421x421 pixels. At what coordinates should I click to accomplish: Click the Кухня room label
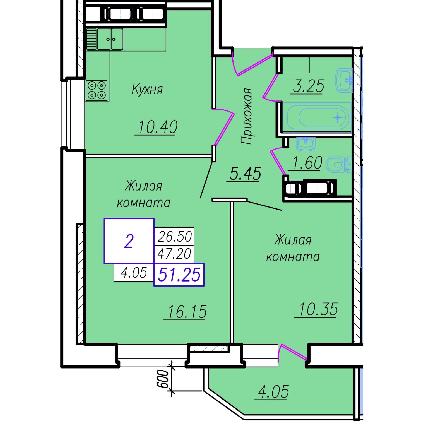pos(147,89)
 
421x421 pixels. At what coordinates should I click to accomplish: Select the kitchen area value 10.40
pos(158,127)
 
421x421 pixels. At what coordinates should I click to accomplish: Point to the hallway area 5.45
pos(245,174)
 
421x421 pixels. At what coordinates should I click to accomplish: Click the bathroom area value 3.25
pos(308,86)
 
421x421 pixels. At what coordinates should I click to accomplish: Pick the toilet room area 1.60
pos(307,163)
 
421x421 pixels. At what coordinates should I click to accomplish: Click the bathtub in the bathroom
pos(317,117)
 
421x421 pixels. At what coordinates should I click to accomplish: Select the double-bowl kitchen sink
pos(104,39)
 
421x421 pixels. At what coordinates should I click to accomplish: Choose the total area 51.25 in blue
pos(179,275)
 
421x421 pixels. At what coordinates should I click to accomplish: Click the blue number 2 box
pos(129,241)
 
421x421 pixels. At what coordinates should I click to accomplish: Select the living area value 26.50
pos(175,237)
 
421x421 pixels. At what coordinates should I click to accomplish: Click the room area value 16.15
pos(187,312)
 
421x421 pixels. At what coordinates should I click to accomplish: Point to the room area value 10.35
pos(318,309)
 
